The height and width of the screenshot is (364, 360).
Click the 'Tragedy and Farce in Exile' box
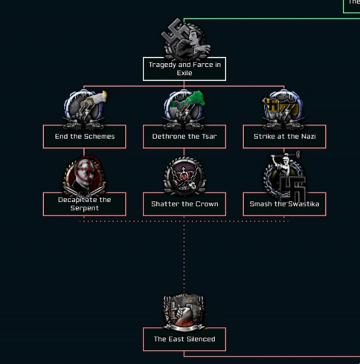[184, 69]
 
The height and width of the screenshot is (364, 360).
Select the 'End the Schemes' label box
[85, 137]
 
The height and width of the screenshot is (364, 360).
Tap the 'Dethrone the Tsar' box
[184, 137]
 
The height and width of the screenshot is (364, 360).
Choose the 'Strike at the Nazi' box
[284, 137]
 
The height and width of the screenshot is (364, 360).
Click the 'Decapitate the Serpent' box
[85, 204]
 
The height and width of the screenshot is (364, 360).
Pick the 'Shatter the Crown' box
[184, 204]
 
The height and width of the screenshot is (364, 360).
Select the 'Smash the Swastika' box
[284, 204]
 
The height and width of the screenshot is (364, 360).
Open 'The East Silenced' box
[184, 339]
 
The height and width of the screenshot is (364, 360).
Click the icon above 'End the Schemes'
[85, 109]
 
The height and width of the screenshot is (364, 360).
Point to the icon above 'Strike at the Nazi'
[283, 109]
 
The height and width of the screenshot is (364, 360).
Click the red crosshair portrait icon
[85, 176]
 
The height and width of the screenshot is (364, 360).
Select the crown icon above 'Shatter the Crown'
[184, 176]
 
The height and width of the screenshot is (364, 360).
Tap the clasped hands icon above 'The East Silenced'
[184, 312]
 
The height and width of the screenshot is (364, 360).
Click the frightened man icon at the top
[186, 39]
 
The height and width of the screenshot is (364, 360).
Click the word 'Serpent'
[85, 208]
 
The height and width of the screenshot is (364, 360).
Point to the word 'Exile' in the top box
[184, 73]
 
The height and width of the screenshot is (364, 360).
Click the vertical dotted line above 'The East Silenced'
[184, 255]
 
